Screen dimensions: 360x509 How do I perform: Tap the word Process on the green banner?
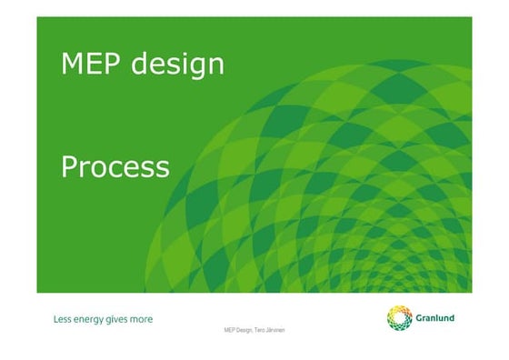pyautogui.click(x=115, y=167)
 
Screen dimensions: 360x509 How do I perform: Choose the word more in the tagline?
pyautogui.click(x=142, y=319)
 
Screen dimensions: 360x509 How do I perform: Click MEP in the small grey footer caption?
pyautogui.click(x=230, y=329)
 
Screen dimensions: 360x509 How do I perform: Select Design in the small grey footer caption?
pyautogui.click(x=245, y=330)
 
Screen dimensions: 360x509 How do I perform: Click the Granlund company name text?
pyautogui.click(x=436, y=318)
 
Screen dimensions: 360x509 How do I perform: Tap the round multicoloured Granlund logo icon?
pyautogui.click(x=400, y=318)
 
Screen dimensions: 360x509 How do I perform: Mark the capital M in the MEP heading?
pyautogui.click(x=72, y=65)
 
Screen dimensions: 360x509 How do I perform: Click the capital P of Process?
pyautogui.click(x=68, y=167)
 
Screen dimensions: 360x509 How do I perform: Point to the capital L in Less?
pyautogui.click(x=55, y=319)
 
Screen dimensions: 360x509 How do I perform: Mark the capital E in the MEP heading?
pyautogui.click(x=95, y=65)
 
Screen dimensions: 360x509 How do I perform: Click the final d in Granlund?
pyautogui.click(x=452, y=318)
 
